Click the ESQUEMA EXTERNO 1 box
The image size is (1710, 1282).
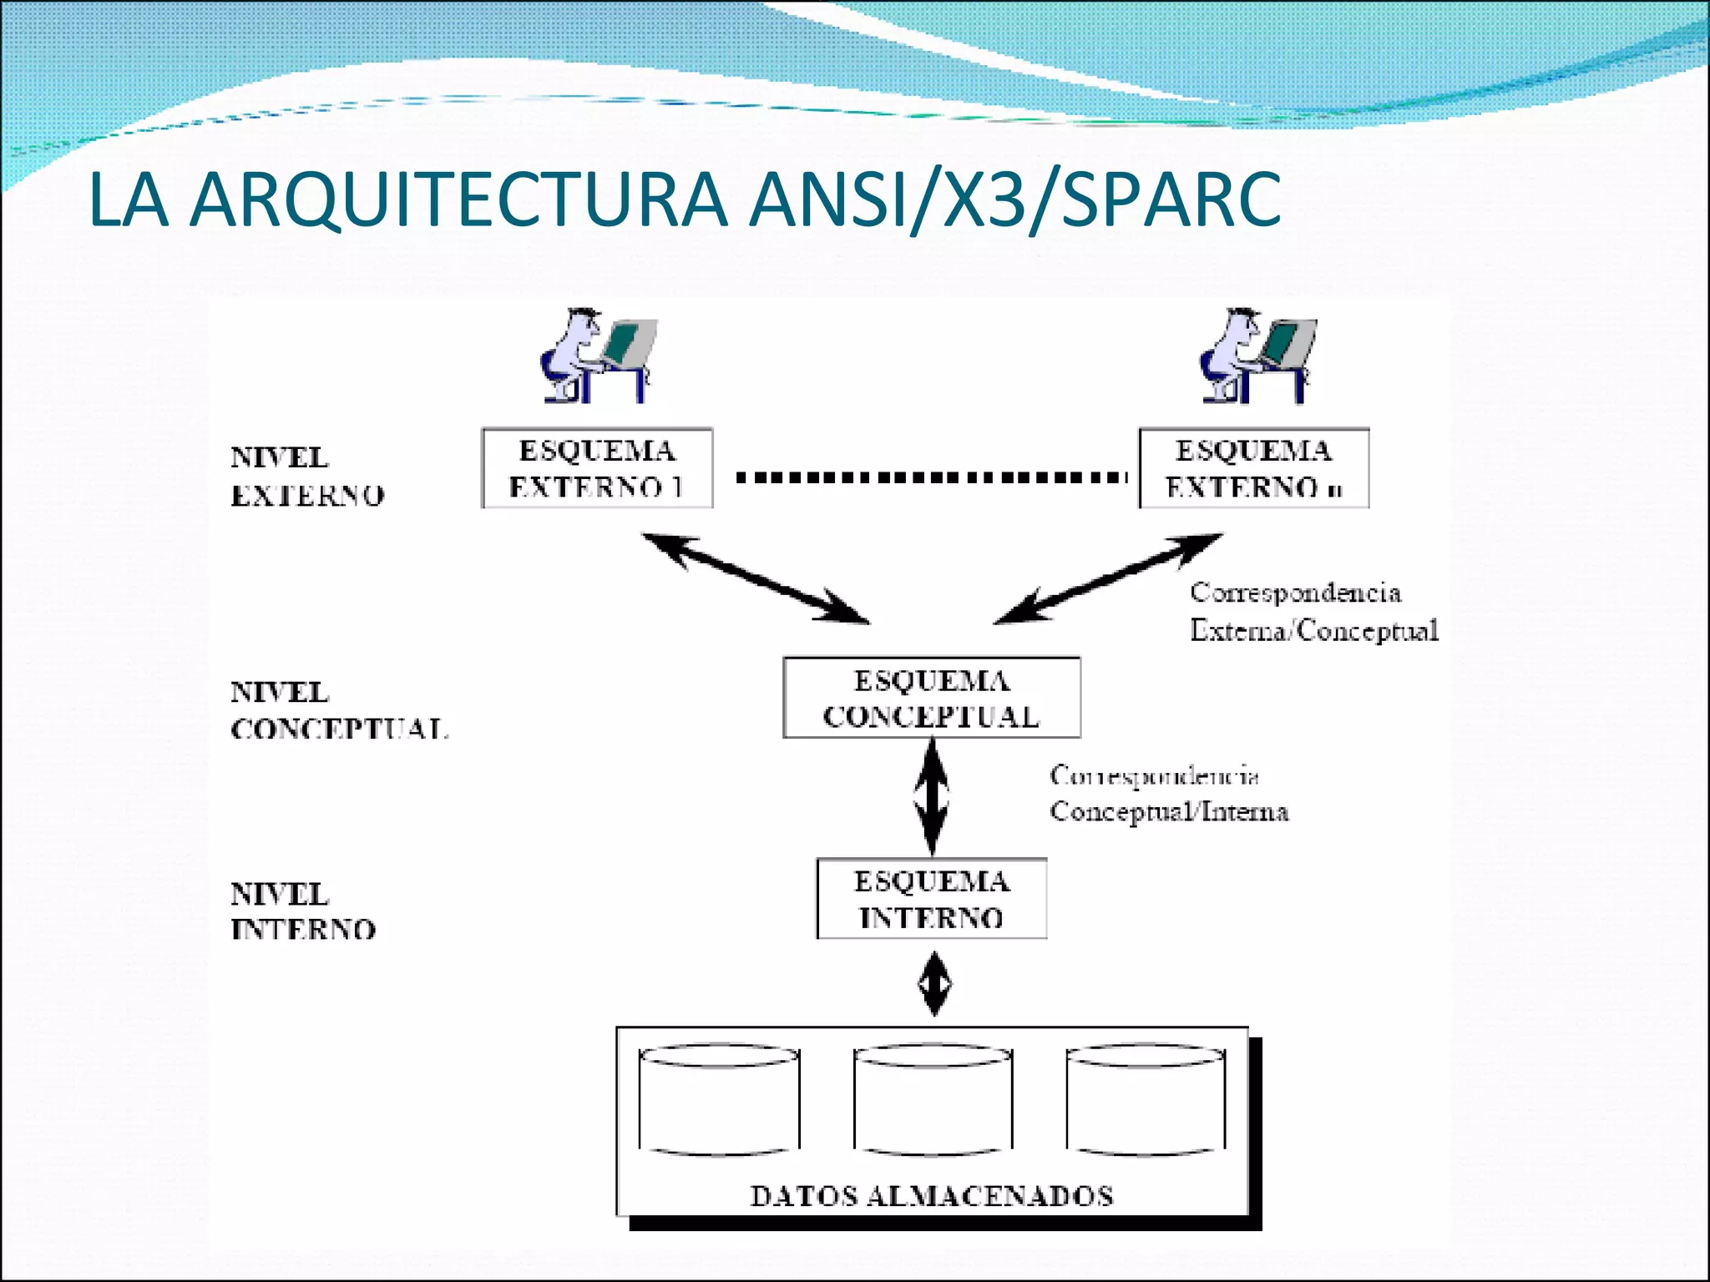tap(597, 468)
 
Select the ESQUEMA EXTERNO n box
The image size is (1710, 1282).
tap(1254, 468)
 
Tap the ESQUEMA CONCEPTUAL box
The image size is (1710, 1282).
tap(931, 698)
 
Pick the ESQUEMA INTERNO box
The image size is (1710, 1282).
tap(931, 899)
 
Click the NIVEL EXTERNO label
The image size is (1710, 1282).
tap(306, 476)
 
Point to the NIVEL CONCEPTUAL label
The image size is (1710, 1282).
tap(338, 710)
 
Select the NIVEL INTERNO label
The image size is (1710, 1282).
tap(302, 911)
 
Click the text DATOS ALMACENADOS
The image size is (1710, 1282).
tap(931, 1195)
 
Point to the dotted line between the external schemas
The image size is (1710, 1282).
tap(931, 478)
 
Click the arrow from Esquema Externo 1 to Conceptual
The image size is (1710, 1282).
tap(756, 578)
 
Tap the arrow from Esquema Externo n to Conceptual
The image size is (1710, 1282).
tap(1109, 578)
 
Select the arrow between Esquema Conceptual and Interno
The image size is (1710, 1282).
tap(932, 797)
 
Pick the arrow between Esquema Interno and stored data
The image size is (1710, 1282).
tap(933, 985)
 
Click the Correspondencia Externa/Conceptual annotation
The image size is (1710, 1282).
tap(1313, 611)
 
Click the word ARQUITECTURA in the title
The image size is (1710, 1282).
tap(458, 200)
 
